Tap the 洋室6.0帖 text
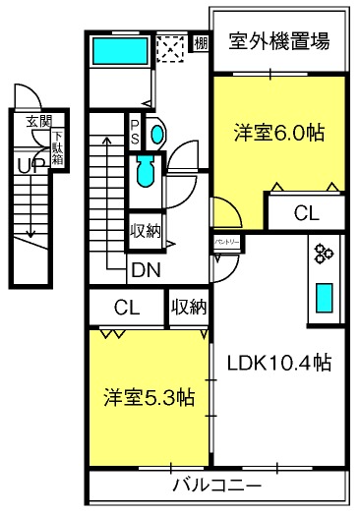click(x=278, y=131)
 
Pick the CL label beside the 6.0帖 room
click(x=306, y=211)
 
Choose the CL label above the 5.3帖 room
click(x=125, y=307)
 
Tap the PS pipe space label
click(x=135, y=130)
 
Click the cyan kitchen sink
click(x=324, y=296)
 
